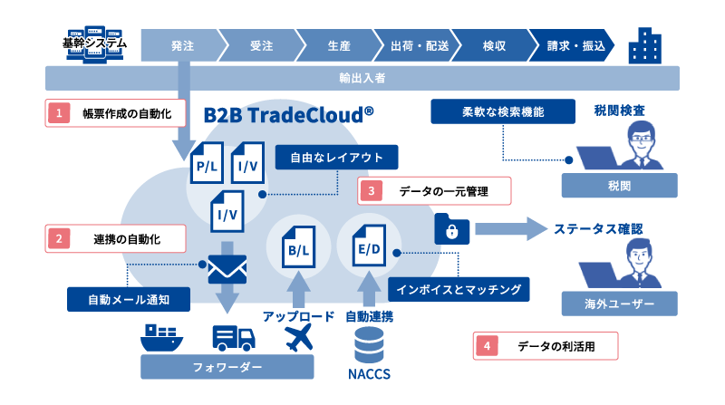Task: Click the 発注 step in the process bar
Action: pyautogui.click(x=181, y=44)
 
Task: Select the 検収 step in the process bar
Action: pyautogui.click(x=494, y=44)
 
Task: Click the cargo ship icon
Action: pyautogui.click(x=161, y=337)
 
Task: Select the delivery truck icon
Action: pyautogui.click(x=233, y=337)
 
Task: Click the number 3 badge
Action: pyautogui.click(x=372, y=191)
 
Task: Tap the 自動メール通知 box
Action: pyautogui.click(x=126, y=299)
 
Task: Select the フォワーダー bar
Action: pyautogui.click(x=227, y=367)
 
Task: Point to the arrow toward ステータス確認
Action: pyautogui.click(x=511, y=229)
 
